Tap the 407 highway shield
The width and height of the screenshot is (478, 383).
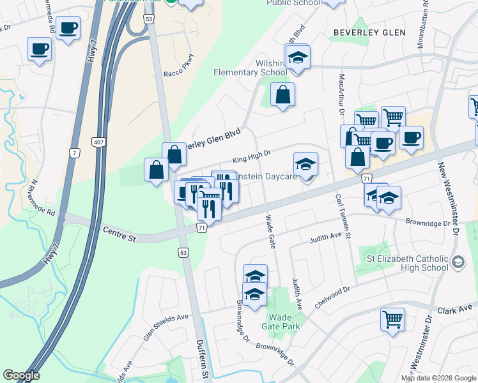click(x=97, y=140)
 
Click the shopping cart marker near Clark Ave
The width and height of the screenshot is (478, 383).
click(x=392, y=319)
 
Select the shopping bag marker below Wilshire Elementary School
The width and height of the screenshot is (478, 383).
click(x=282, y=95)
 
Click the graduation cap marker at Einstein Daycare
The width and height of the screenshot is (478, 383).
click(x=305, y=164)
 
